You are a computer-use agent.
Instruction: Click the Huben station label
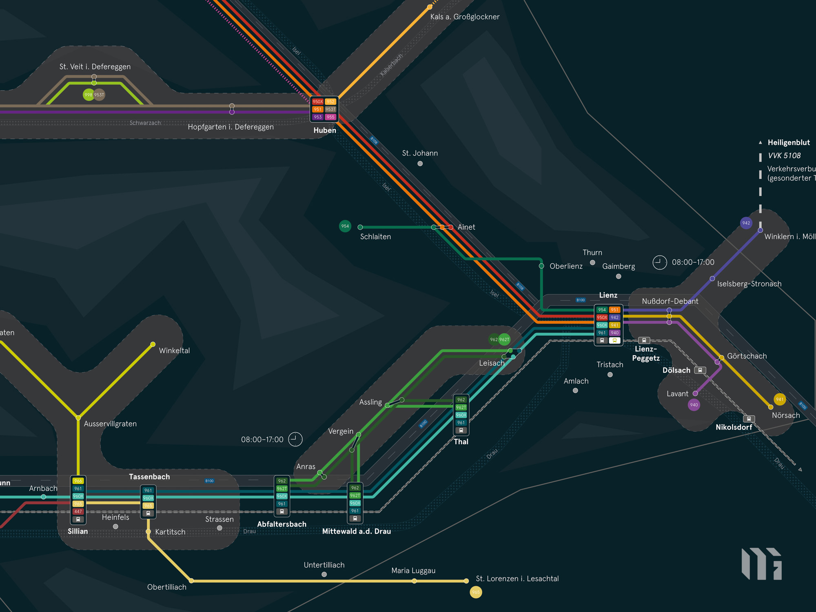tap(325, 131)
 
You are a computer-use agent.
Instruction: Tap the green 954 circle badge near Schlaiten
tap(345, 226)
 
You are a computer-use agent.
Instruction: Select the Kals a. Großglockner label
tap(465, 17)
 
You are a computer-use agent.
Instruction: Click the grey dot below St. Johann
tap(420, 164)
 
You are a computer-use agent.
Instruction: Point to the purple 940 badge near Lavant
tap(694, 405)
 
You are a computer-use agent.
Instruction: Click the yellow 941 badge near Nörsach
tap(780, 399)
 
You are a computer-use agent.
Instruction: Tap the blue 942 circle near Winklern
tap(746, 223)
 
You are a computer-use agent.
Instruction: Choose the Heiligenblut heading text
tap(789, 142)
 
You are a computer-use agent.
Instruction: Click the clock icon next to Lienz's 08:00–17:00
tap(659, 262)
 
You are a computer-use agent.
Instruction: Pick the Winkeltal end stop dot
tap(153, 344)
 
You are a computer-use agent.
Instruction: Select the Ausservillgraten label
tap(110, 424)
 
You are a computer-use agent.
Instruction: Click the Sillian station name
tap(78, 531)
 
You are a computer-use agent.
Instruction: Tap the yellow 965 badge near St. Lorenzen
tap(476, 592)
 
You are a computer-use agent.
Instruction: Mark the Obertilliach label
tap(166, 587)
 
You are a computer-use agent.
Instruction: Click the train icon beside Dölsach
tap(700, 370)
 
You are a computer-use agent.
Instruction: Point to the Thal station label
tap(461, 441)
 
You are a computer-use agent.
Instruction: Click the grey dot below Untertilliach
tap(324, 574)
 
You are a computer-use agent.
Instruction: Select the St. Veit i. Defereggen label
tap(95, 67)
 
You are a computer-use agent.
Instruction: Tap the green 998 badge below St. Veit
tap(88, 95)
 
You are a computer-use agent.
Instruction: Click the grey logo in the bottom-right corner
tap(761, 563)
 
